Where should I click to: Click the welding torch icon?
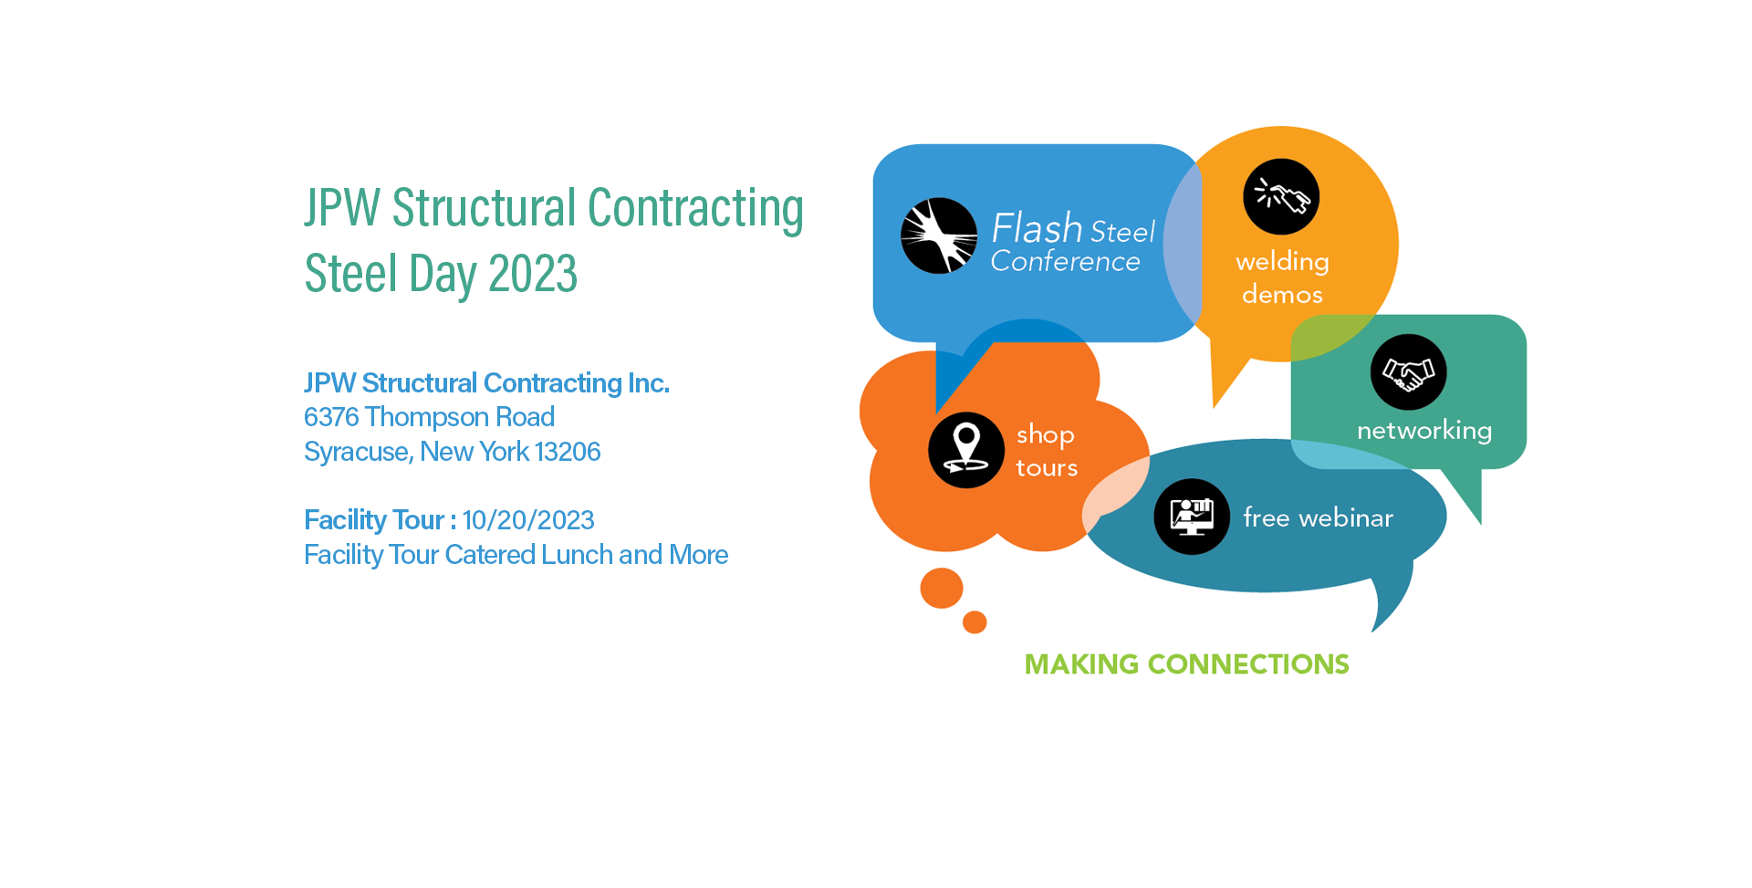(x=1281, y=196)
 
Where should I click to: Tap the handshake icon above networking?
(x=1408, y=372)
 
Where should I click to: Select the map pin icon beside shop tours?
(x=966, y=450)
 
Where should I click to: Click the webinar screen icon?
(x=1192, y=517)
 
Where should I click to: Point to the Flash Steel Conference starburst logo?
(x=939, y=235)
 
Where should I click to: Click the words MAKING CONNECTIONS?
(x=1186, y=664)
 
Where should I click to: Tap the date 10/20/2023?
(x=528, y=520)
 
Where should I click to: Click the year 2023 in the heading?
(x=533, y=274)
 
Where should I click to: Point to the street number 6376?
(x=331, y=417)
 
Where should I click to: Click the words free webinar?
(x=1318, y=518)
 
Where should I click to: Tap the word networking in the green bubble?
(x=1424, y=431)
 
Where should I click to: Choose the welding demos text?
(x=1282, y=277)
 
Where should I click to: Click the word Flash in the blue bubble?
(x=1037, y=228)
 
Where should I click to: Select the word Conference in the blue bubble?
(x=1066, y=262)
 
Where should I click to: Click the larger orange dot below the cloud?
(x=942, y=588)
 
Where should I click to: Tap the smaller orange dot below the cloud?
(x=975, y=622)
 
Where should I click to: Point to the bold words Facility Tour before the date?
(x=374, y=520)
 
